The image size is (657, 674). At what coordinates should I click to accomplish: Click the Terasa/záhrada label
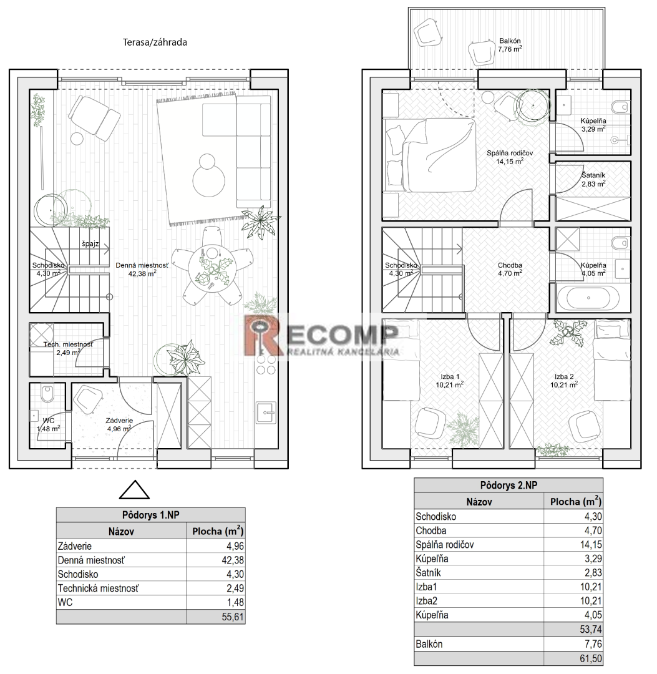[155, 42]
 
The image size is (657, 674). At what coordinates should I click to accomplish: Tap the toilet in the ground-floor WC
[47, 393]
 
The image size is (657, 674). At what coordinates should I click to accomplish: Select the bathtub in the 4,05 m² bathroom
[588, 298]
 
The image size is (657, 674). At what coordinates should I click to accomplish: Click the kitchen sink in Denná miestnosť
[266, 413]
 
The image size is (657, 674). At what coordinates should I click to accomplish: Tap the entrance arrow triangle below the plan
[134, 490]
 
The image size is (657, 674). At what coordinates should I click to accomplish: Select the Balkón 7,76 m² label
[510, 45]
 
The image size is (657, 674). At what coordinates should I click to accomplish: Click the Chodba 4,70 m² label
[510, 269]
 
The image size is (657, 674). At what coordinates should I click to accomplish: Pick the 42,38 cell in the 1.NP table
[235, 560]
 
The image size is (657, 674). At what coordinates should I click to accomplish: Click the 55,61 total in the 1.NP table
[233, 617]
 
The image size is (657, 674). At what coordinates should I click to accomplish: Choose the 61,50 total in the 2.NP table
[591, 658]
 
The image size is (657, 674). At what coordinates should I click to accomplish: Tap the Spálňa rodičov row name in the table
[444, 545]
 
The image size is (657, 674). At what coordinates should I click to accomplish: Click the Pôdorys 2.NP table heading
[509, 486]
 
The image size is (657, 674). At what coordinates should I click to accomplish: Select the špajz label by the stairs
[90, 244]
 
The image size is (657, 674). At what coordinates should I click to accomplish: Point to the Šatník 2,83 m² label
[593, 179]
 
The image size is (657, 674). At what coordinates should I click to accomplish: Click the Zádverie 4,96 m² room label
[119, 425]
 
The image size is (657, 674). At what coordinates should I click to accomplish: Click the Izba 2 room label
[564, 376]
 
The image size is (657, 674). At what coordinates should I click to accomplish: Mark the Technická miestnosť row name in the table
[99, 588]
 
